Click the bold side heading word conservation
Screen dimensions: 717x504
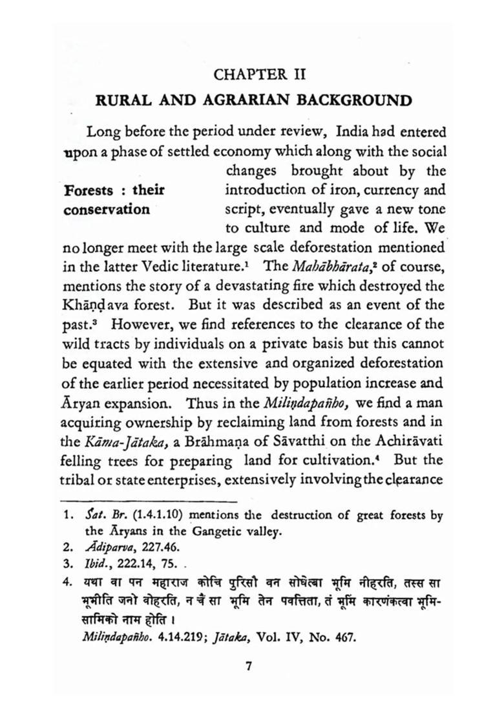point(107,209)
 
